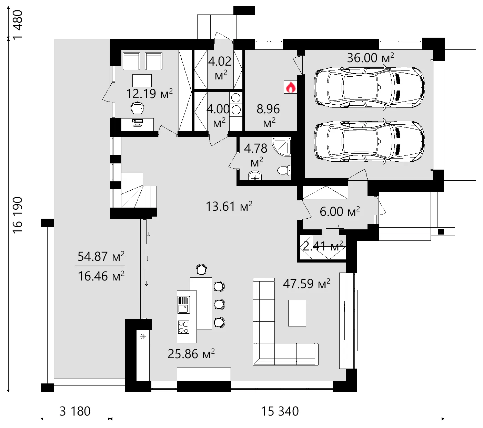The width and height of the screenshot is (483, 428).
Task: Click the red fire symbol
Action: pyautogui.click(x=290, y=87)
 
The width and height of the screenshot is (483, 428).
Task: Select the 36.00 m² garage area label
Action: pyautogui.click(x=370, y=58)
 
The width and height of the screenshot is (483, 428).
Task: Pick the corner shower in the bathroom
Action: pyautogui.click(x=282, y=146)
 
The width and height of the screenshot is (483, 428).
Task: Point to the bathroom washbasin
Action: pyautogui.click(x=255, y=176)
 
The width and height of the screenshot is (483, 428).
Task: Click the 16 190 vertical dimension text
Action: pyautogui.click(x=18, y=215)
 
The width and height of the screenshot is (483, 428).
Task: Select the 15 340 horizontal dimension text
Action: pyautogui.click(x=280, y=411)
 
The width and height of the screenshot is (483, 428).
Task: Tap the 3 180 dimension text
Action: pyautogui.click(x=75, y=411)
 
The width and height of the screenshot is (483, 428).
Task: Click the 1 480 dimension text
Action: pyautogui.click(x=18, y=25)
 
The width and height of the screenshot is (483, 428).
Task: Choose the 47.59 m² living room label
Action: pyautogui.click(x=306, y=284)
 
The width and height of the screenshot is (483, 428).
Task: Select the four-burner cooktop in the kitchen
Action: pyautogui.click(x=183, y=327)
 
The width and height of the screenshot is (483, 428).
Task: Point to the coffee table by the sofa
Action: pyautogui.click(x=297, y=313)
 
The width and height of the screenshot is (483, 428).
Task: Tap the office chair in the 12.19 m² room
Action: pyautogui.click(x=138, y=108)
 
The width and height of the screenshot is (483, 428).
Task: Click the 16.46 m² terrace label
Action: pyautogui.click(x=101, y=276)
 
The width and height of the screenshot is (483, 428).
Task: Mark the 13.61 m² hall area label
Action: pyautogui.click(x=229, y=206)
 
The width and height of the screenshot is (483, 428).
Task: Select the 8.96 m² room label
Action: pyautogui.click(x=268, y=115)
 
